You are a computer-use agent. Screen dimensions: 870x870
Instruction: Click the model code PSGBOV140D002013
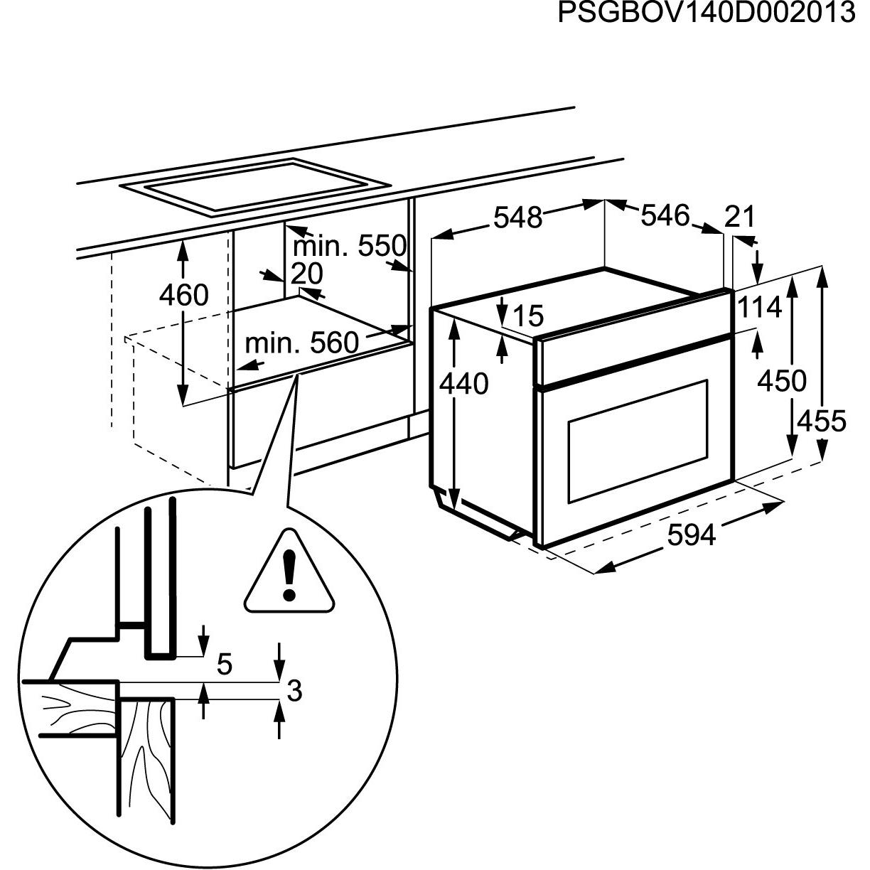click(x=706, y=14)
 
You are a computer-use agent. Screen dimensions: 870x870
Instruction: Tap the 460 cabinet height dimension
click(x=183, y=295)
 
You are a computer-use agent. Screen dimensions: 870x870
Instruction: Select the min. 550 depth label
click(x=349, y=247)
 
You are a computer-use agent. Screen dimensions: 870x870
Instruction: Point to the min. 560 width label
click(x=301, y=343)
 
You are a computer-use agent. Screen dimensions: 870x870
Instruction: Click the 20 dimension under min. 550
click(x=307, y=274)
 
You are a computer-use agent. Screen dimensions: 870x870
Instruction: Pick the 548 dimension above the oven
click(x=518, y=217)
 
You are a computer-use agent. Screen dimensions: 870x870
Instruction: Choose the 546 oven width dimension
click(x=665, y=215)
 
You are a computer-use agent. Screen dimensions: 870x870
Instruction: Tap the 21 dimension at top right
click(x=740, y=217)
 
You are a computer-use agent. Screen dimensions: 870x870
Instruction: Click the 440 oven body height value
click(x=463, y=384)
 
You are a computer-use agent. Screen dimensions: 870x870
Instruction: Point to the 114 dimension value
click(x=759, y=308)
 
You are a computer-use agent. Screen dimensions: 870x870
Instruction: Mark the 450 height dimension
click(x=782, y=381)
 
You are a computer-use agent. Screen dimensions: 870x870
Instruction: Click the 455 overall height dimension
click(x=822, y=421)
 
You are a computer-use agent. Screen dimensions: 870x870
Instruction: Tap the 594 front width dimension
click(x=692, y=535)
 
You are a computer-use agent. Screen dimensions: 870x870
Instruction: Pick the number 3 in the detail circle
click(x=294, y=690)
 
